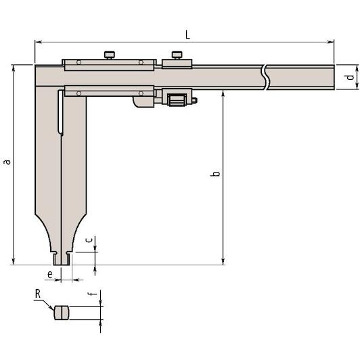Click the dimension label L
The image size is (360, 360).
(187, 35)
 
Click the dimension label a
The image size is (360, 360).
(8, 162)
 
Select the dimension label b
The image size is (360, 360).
(215, 173)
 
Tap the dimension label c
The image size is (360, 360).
(89, 240)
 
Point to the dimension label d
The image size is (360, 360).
(350, 77)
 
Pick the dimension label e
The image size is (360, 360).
(50, 274)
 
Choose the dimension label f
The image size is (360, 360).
(92, 294)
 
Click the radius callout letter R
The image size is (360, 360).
(38, 294)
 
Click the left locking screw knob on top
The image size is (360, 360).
(110, 55)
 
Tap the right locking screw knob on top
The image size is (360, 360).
(177, 55)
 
